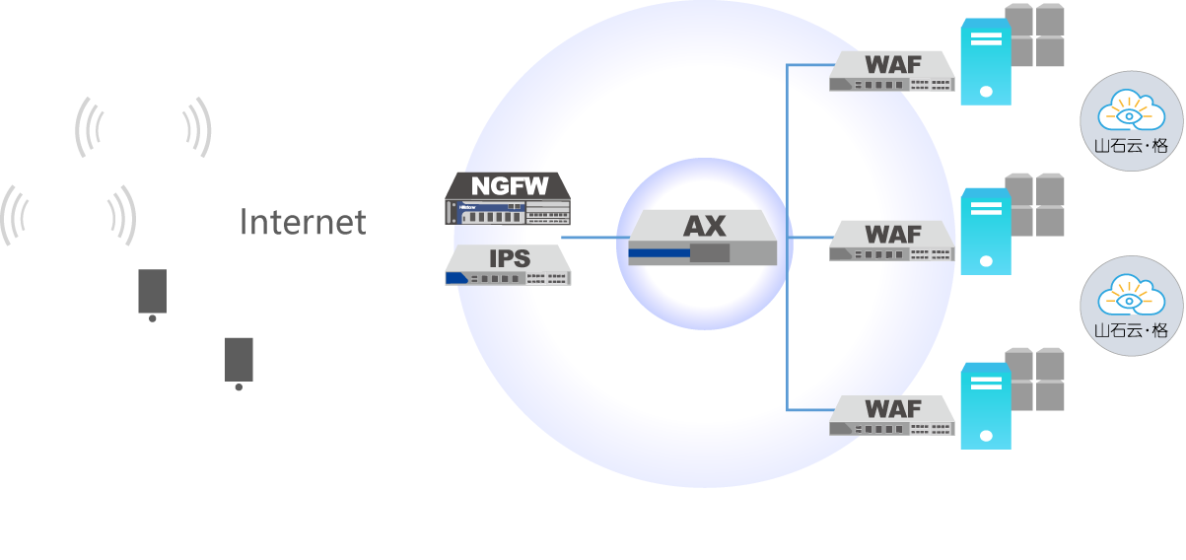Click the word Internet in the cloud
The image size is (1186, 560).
[303, 222]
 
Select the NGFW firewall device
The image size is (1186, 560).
[508, 199]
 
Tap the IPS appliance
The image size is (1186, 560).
[509, 265]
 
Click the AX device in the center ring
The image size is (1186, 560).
[703, 239]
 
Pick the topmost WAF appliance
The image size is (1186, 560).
[892, 71]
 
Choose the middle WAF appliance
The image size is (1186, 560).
[892, 241]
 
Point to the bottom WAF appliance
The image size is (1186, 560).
[892, 414]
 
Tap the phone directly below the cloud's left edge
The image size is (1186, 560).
[152, 294]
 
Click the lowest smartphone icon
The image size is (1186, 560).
[239, 362]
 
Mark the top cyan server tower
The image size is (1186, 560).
[986, 62]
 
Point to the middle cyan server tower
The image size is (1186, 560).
[986, 232]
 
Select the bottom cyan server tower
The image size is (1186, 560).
[986, 406]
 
